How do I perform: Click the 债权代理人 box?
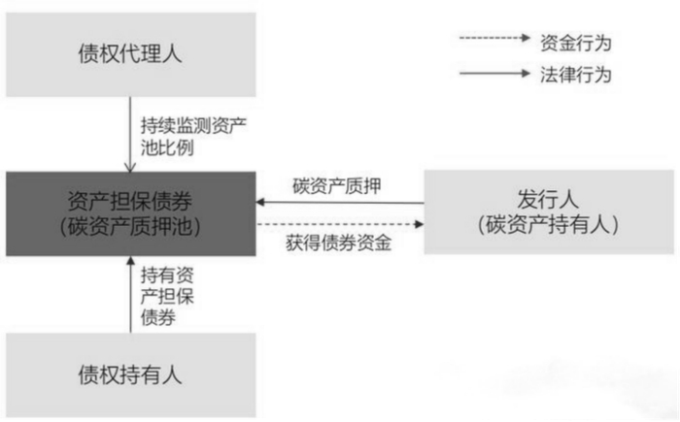(129, 53)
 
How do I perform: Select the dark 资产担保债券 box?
(129, 214)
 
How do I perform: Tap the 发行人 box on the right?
(549, 214)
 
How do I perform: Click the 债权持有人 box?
(129, 373)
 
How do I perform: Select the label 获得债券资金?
(340, 243)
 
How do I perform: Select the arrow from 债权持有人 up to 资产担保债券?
(129, 295)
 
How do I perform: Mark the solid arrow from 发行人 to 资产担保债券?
(340, 202)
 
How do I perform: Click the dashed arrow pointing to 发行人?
(340, 225)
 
